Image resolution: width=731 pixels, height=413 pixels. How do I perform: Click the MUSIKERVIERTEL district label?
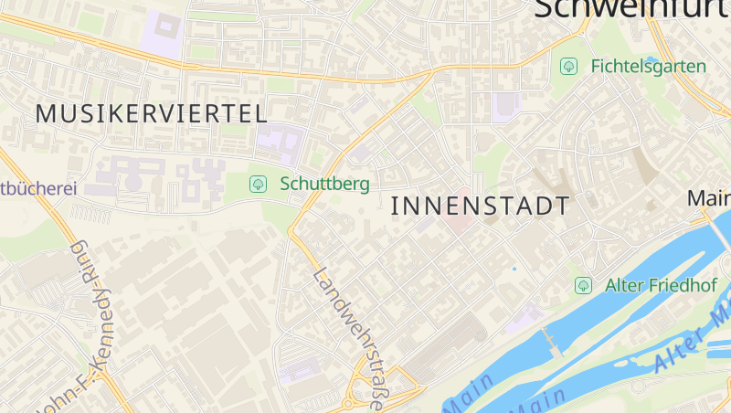pos(152,114)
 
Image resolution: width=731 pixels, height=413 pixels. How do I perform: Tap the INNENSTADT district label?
pos(480,206)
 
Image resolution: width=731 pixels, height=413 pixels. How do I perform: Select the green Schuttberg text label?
pos(324,184)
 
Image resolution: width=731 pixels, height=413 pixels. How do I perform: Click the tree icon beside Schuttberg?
pos(259,184)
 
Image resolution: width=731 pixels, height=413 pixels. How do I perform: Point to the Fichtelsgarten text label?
pos(648,67)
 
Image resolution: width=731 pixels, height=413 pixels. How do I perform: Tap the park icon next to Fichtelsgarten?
pos(568,66)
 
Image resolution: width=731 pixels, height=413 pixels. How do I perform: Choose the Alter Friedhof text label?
pos(660,285)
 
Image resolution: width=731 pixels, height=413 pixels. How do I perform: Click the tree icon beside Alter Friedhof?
pos(583,285)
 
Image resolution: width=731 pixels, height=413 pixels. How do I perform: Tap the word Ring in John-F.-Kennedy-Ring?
pos(80,259)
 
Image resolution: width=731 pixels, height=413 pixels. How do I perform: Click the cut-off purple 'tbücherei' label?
pos(37,189)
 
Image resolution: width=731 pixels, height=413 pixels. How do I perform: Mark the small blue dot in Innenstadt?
pos(514,269)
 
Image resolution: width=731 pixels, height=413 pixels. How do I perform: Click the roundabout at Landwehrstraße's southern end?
pos(348,403)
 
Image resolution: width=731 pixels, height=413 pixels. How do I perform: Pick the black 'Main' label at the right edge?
pos(709,198)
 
